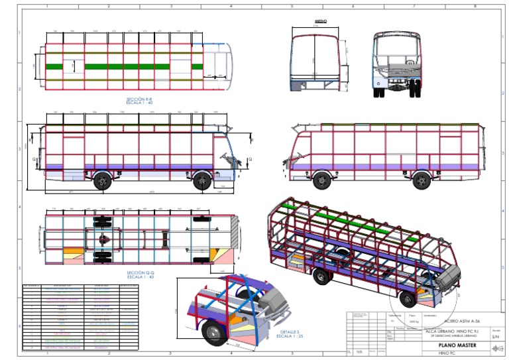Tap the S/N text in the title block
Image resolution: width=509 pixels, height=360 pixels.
point(495,337)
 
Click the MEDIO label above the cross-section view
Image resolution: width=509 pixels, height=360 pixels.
point(321,22)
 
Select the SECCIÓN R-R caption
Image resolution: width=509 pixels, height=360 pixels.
point(144,99)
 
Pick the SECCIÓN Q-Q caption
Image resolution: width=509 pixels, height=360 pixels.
point(141,272)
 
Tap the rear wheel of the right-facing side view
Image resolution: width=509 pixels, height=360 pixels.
point(101,181)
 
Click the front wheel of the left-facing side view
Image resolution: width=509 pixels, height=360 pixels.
point(322,180)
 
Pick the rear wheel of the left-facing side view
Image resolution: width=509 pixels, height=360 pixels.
point(420,180)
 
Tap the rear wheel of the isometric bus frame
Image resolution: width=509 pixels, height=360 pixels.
point(320,278)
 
